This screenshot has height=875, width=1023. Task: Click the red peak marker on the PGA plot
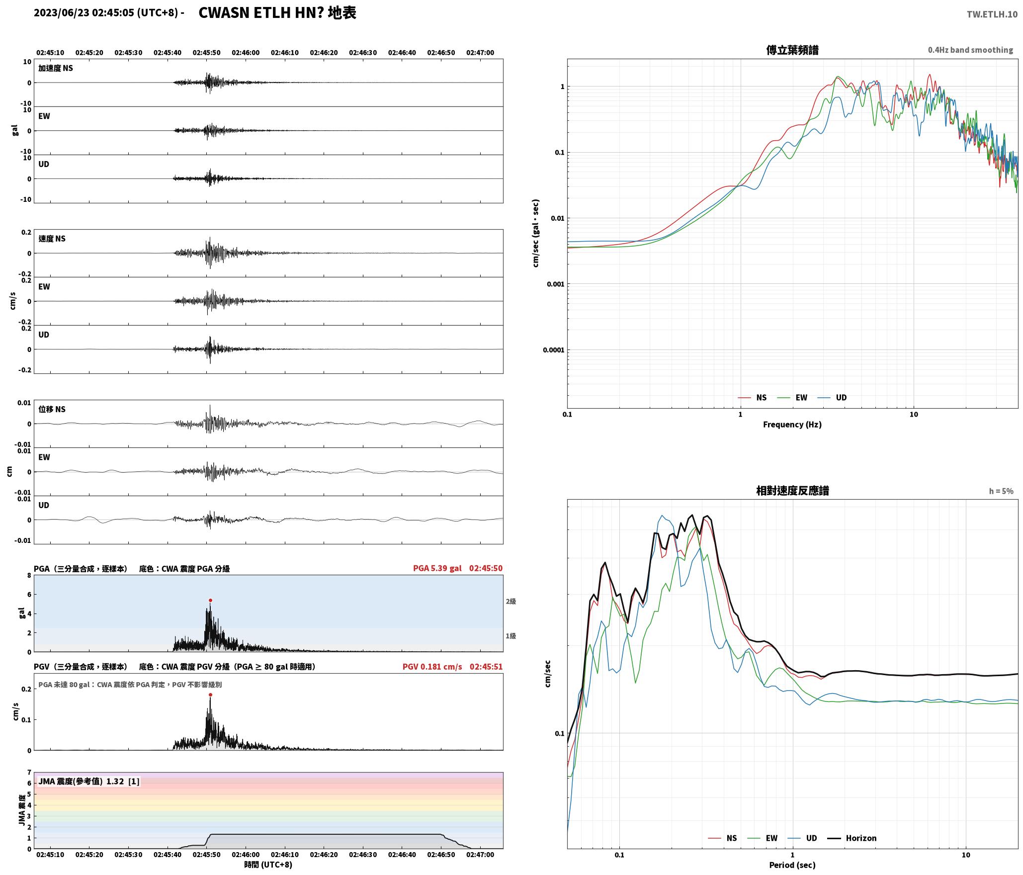(x=210, y=600)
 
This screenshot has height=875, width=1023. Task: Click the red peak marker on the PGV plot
(x=210, y=695)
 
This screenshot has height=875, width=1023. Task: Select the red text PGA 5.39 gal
(x=437, y=568)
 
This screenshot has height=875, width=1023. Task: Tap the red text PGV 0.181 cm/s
(x=432, y=667)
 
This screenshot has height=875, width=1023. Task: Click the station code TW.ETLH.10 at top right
(x=992, y=14)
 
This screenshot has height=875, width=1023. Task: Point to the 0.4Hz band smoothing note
(x=970, y=50)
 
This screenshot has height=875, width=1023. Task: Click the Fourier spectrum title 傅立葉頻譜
(x=792, y=50)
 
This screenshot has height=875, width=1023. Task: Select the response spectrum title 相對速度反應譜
(x=792, y=491)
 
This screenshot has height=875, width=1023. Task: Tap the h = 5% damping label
(x=1001, y=491)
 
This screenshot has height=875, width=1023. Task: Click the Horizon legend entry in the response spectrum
(x=852, y=838)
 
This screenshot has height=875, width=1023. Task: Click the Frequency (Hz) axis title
(x=792, y=425)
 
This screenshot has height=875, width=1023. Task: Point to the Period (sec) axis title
(x=792, y=865)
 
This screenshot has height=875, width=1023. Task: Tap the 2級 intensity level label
(x=511, y=602)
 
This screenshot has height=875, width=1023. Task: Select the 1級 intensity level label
(x=511, y=636)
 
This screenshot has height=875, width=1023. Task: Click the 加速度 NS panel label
(x=56, y=68)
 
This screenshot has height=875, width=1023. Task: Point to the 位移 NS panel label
(x=52, y=409)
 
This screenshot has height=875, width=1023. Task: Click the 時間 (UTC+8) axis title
(x=268, y=865)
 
